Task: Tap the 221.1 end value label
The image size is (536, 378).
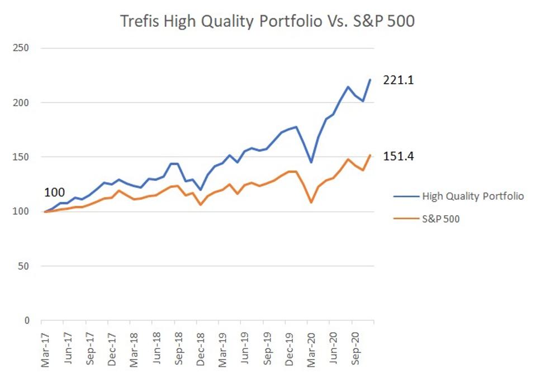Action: point(398,80)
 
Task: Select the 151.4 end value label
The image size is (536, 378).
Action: point(398,156)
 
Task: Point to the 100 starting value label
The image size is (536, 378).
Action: point(54,193)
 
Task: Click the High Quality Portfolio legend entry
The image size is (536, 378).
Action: point(472,197)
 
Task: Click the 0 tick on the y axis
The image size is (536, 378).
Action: point(25,321)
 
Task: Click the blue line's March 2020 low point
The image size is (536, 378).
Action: point(311,162)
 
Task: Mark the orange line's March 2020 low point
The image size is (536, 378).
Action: point(311,202)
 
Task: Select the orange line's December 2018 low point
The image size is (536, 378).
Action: point(200,205)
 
